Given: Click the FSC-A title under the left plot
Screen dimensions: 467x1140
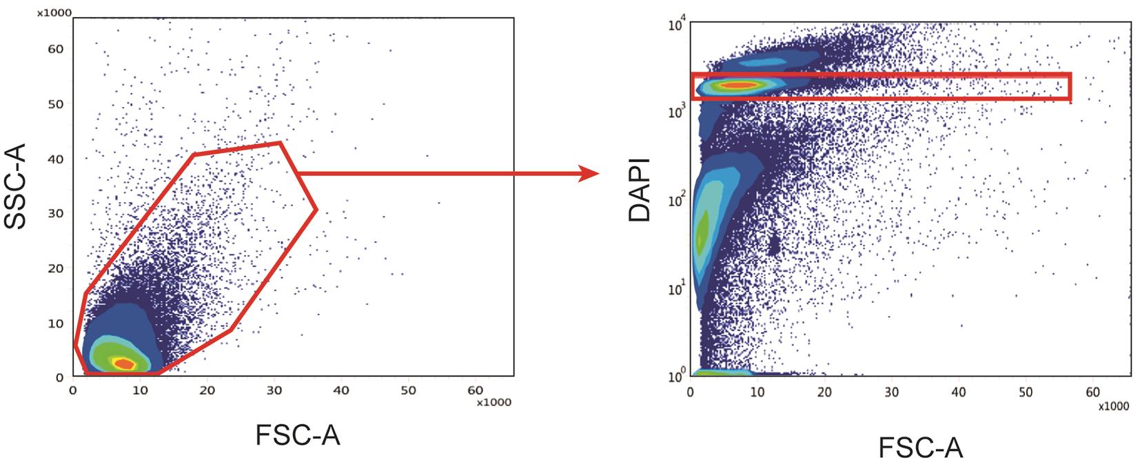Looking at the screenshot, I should click(x=298, y=435).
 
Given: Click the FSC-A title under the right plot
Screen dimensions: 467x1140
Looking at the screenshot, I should click(x=920, y=448).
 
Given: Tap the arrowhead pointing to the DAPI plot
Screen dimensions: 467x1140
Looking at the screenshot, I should click(x=588, y=173).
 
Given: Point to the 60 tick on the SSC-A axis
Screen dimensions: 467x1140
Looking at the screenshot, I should click(x=56, y=49).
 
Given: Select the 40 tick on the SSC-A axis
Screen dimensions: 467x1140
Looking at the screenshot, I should click(x=56, y=159).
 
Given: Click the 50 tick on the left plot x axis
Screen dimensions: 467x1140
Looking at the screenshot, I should click(x=407, y=390).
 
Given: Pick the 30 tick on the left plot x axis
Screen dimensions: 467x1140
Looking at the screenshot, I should click(x=274, y=390).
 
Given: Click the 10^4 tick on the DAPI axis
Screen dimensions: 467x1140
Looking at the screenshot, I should click(x=675, y=26).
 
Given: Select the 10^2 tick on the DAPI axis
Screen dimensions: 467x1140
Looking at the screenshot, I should click(x=675, y=202).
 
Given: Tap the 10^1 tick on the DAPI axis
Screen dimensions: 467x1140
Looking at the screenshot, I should click(x=675, y=289).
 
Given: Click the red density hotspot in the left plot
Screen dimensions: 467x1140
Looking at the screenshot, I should click(x=124, y=364).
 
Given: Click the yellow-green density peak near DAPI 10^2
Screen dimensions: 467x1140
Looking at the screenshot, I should click(x=702, y=238).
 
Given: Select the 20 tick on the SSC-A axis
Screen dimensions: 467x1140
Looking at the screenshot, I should click(x=56, y=268).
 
